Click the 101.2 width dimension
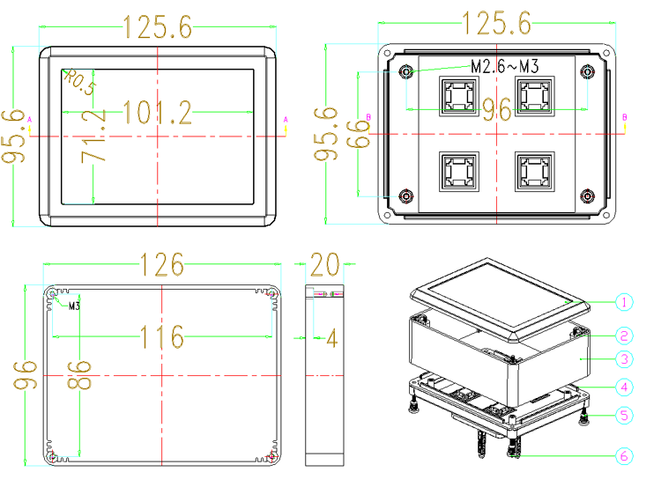coord(157,113)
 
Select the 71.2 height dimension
coord(94,137)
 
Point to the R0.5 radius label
coord(80,81)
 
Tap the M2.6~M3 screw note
coord(505,66)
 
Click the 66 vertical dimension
coord(358,134)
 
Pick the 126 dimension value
coord(162,264)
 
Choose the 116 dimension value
coord(162,336)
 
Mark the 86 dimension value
coord(79,374)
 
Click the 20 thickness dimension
coord(324,264)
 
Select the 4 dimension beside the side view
coord(332,338)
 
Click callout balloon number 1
coord(624,302)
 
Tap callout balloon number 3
coord(624,359)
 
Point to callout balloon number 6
coord(624,456)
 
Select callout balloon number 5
coord(624,416)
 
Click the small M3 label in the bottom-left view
coord(74,306)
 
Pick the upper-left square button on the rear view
coord(459,96)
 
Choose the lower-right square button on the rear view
coord(535,172)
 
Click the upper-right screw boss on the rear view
coord(587,72)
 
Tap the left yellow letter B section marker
coord(368,117)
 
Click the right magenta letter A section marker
coord(286,120)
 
